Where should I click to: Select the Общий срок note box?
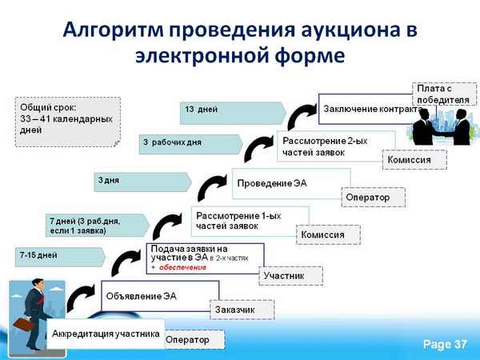[67, 121]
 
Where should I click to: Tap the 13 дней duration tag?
[233, 110]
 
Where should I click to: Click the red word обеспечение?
[182, 267]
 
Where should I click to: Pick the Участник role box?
[291, 275]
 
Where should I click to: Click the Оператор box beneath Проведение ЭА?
[372, 197]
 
